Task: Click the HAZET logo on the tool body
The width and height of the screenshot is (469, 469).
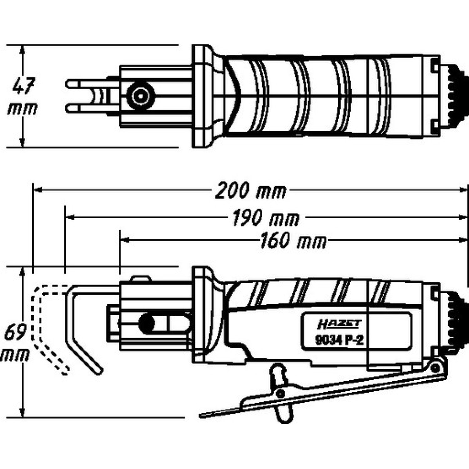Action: coord(339,325)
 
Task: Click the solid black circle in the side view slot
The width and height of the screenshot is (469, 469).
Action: coord(147,323)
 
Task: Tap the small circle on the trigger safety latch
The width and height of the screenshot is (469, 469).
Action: coord(280,392)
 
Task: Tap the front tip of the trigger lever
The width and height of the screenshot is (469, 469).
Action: coord(201,416)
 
